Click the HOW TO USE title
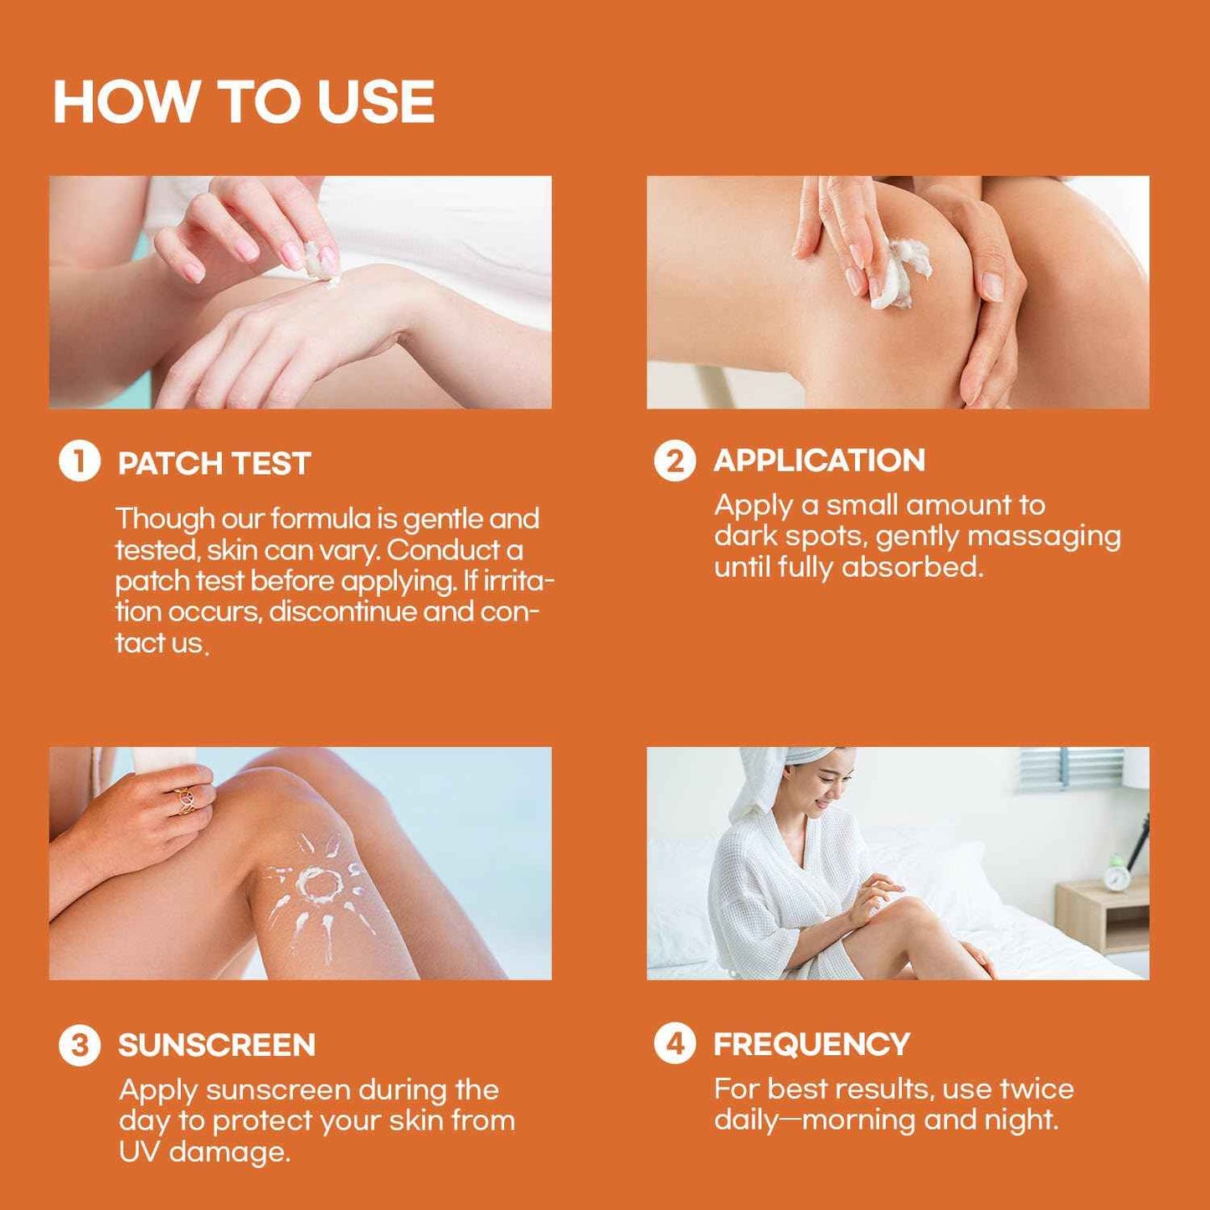point(244,102)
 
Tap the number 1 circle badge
point(80,461)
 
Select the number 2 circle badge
point(675,461)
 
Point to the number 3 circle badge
point(80,1045)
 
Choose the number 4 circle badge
point(675,1044)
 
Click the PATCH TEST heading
point(214,463)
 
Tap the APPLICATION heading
point(819,461)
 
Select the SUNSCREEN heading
point(217,1045)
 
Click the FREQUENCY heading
point(811,1044)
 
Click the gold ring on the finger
point(186,799)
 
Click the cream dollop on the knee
point(898,272)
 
